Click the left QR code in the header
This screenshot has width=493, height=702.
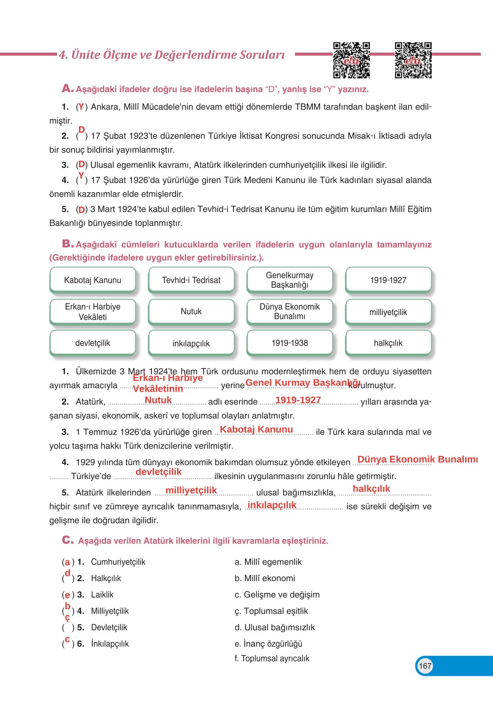click(x=351, y=60)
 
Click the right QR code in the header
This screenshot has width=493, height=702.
click(x=413, y=60)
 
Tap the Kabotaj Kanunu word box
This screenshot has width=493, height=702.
click(x=93, y=280)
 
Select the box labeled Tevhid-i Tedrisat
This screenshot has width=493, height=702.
click(x=191, y=280)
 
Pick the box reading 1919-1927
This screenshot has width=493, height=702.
click(x=388, y=280)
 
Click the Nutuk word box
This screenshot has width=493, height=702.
click(x=191, y=311)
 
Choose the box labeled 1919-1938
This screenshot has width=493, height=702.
click(x=289, y=343)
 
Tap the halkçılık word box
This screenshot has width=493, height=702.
click(x=388, y=343)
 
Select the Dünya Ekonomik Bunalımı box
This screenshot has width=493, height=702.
click(x=289, y=311)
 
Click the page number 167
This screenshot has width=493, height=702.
click(x=425, y=665)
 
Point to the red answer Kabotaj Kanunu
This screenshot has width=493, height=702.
click(x=256, y=429)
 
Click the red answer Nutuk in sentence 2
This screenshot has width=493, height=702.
click(x=158, y=400)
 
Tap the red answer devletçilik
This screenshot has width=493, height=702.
click(x=158, y=472)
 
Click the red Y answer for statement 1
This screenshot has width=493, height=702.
click(x=81, y=106)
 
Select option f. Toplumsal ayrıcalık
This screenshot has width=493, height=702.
click(x=272, y=658)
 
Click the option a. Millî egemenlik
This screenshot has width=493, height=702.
click(x=268, y=562)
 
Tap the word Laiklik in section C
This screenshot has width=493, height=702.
click(x=102, y=595)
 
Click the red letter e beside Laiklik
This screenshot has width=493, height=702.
click(x=67, y=595)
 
